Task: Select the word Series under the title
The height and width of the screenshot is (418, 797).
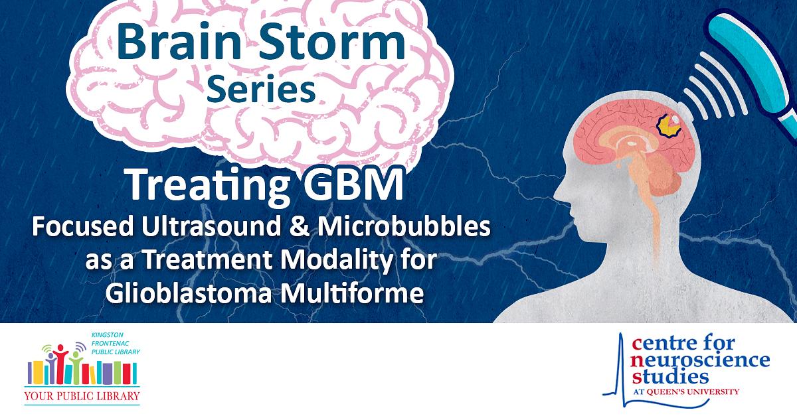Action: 261,89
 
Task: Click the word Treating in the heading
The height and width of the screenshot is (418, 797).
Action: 208,185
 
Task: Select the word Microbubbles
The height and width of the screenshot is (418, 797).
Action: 404,226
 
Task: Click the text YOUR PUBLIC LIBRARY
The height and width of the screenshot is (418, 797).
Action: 82,396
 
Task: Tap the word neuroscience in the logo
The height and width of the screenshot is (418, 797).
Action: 700,361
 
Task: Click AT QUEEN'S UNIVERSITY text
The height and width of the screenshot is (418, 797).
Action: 686,392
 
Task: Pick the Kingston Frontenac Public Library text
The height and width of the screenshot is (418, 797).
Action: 116,344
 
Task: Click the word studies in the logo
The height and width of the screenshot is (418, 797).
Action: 671,378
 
